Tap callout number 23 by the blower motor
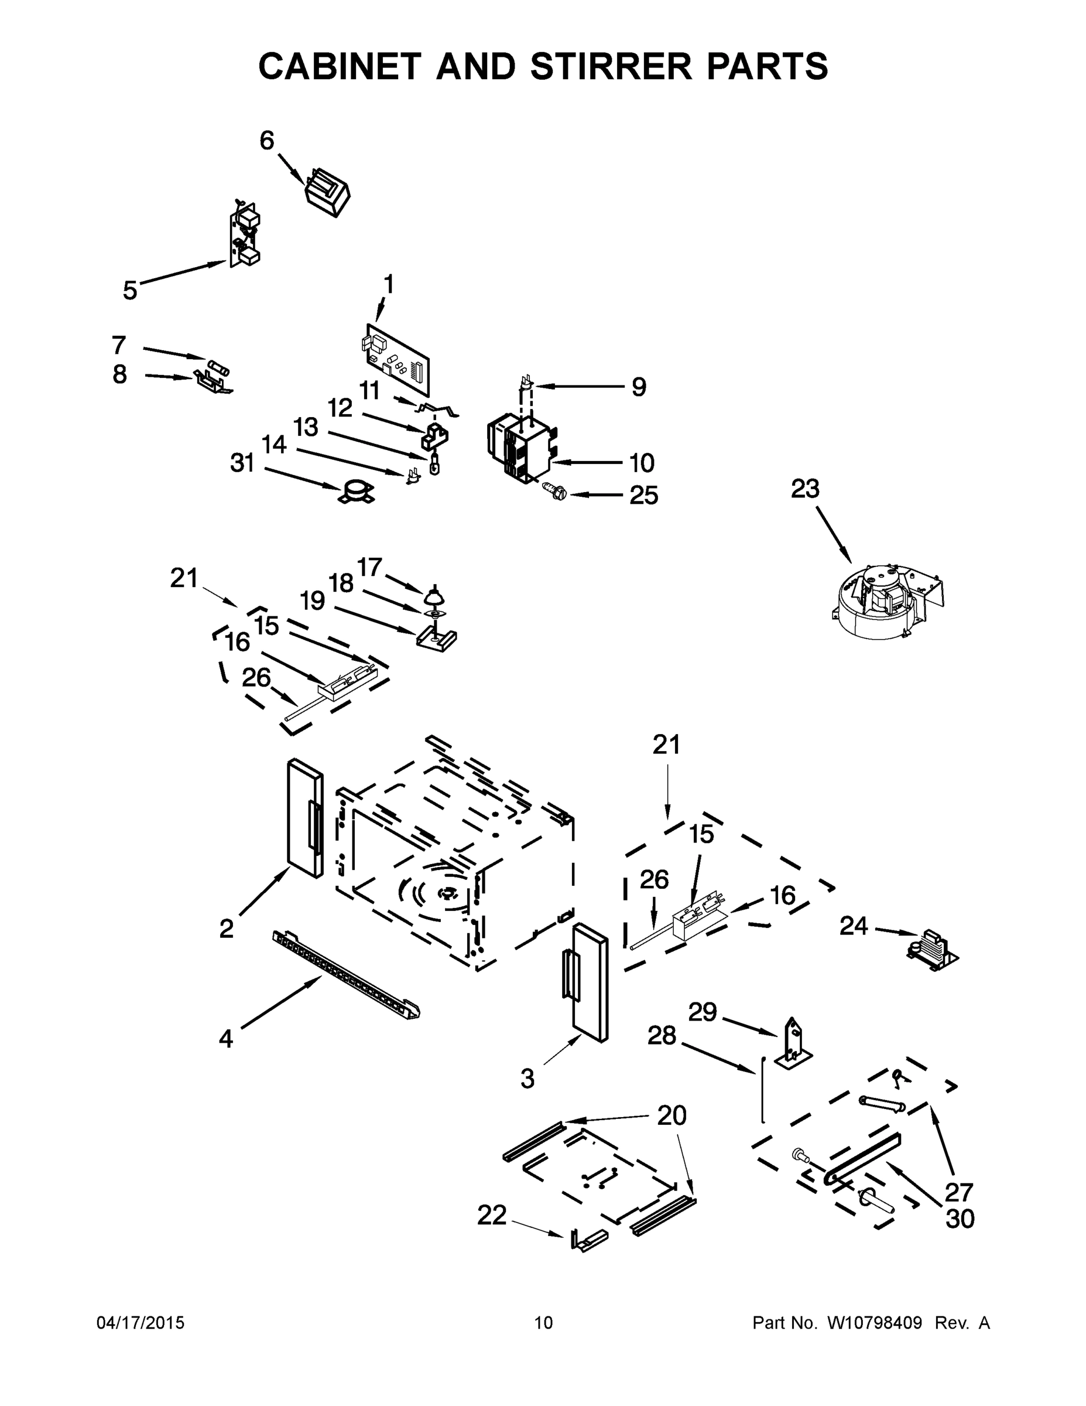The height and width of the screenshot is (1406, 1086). [804, 489]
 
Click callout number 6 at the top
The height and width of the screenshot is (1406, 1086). [266, 141]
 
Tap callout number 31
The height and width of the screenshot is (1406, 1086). [242, 463]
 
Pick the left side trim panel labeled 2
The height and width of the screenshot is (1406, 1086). [304, 818]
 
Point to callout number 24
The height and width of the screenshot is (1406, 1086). [853, 926]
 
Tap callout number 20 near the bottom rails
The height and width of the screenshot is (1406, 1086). [671, 1114]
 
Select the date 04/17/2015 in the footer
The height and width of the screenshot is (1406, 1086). [141, 1322]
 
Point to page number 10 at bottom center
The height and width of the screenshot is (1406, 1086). [543, 1322]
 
